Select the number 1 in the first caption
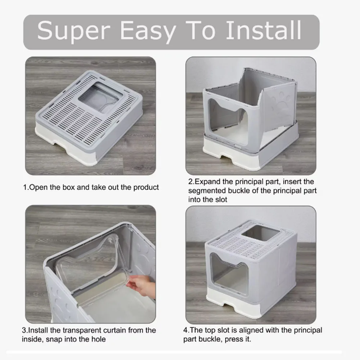tap(25, 188)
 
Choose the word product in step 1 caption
tap(146, 188)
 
